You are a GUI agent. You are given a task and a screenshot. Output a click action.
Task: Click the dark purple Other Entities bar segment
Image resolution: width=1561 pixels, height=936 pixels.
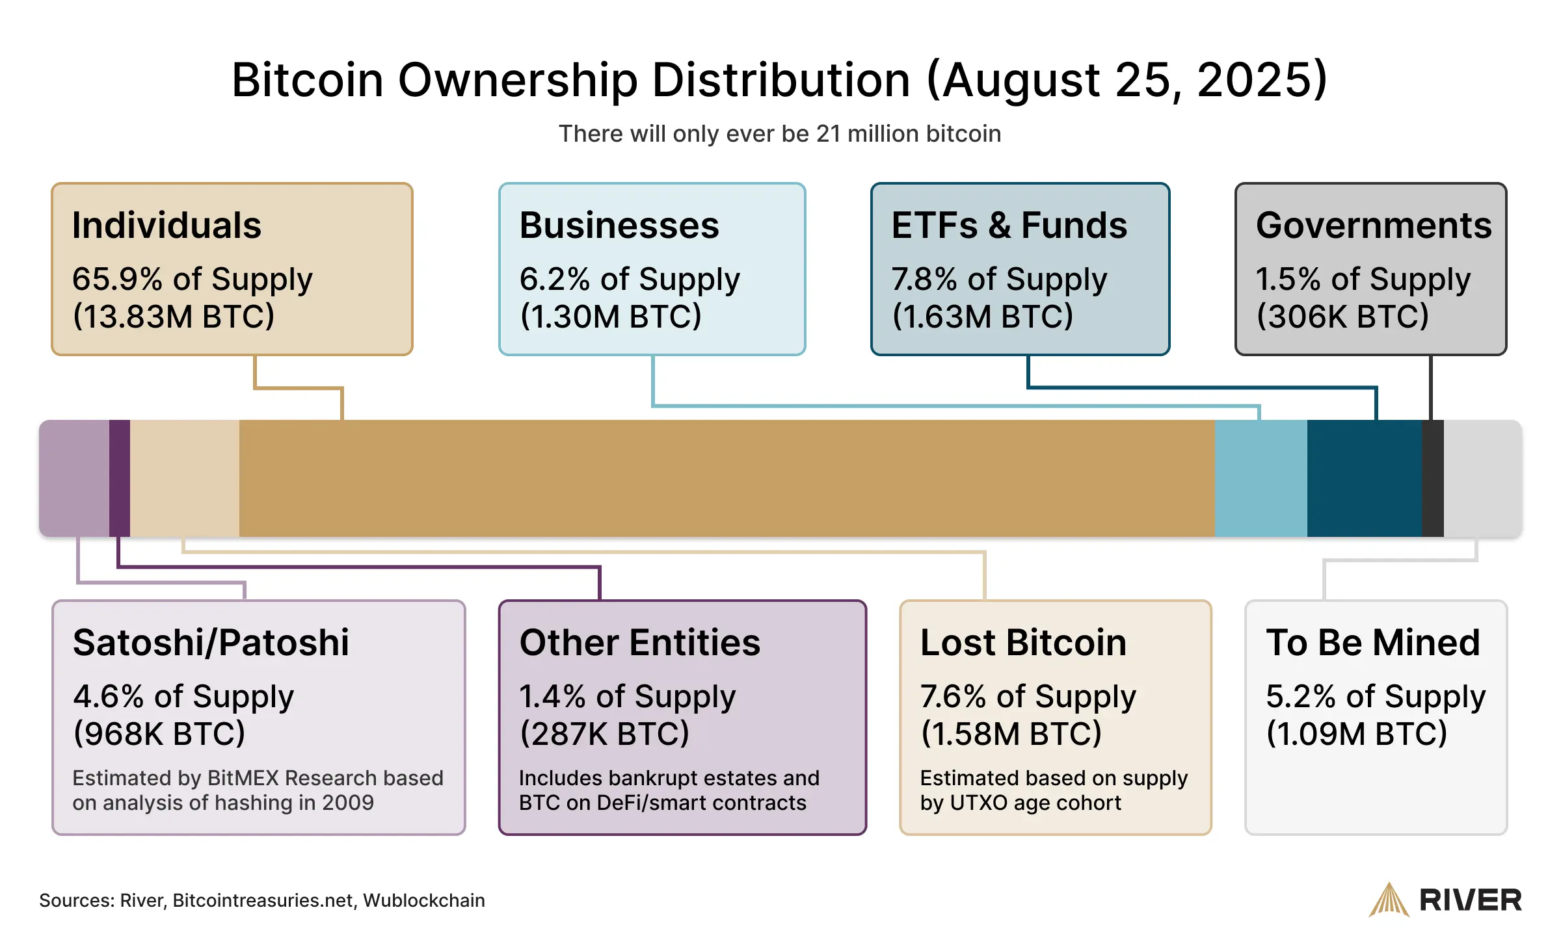[120, 478]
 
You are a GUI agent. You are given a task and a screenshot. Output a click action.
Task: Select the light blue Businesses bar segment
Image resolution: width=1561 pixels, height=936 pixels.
[1261, 478]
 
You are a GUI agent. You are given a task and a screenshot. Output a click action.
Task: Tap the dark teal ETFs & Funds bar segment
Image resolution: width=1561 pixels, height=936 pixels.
[1364, 478]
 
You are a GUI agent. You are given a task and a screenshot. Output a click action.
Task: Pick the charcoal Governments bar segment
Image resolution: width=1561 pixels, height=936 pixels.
[1432, 478]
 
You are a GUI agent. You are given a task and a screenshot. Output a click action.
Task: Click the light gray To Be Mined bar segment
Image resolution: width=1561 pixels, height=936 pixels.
[1482, 478]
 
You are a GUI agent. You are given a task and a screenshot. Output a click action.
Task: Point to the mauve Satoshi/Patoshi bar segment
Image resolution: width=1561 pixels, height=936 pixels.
[74, 478]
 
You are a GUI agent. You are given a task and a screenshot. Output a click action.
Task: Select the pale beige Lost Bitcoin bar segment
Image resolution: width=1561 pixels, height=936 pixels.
[185, 478]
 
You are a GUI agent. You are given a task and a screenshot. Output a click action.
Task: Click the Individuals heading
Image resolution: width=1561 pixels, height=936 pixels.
[167, 226]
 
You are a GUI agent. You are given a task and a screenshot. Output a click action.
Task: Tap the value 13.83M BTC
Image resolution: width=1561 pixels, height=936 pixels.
[174, 317]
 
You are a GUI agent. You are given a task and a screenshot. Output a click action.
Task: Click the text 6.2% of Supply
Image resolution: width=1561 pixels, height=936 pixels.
[630, 279]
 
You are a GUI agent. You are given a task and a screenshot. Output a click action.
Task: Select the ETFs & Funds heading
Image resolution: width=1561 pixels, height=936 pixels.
[1009, 226]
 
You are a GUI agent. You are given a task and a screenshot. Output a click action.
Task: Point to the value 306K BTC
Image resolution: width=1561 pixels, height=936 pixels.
[1342, 317]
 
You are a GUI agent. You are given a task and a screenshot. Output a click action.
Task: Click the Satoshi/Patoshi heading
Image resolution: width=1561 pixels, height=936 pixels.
[211, 643]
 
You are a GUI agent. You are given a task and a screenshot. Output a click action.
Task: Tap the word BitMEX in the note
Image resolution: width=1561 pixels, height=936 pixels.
[243, 778]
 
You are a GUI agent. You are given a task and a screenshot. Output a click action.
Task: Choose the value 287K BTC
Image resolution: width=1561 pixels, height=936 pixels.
[604, 734]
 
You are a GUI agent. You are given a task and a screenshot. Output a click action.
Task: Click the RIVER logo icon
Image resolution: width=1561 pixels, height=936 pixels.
[1389, 900]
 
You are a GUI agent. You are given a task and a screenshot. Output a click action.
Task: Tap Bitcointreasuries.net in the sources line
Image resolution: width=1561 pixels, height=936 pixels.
[263, 900]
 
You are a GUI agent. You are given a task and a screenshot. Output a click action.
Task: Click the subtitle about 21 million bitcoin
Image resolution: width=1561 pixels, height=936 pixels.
[780, 134]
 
